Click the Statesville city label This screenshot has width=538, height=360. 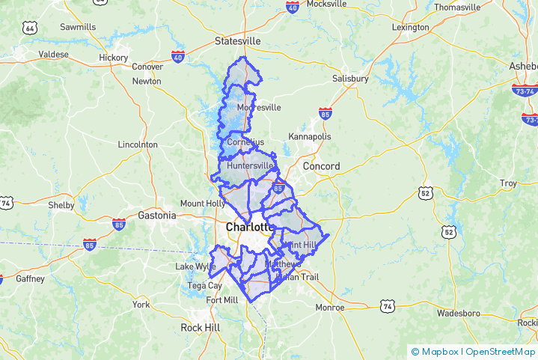(x=237, y=40)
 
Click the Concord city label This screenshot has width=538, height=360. (x=322, y=166)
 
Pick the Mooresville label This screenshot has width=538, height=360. (x=258, y=108)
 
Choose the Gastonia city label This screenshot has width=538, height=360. (x=157, y=216)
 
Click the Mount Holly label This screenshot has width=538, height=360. (x=203, y=204)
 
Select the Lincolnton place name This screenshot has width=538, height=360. (x=138, y=144)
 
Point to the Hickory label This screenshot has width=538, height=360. (x=113, y=57)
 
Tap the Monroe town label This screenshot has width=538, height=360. (x=330, y=307)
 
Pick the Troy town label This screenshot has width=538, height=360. (x=509, y=183)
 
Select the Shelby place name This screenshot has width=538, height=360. (x=61, y=205)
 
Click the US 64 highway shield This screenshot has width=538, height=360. (x=29, y=28)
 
